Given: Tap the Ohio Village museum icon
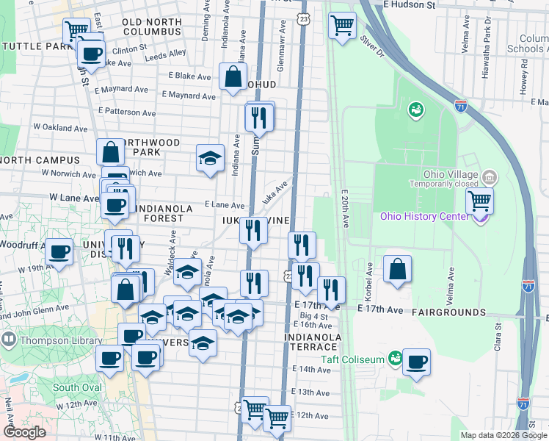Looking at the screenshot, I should (x=490, y=177).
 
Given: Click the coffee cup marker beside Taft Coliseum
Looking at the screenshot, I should (x=416, y=362).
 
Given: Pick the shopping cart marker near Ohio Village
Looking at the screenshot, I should (x=479, y=199).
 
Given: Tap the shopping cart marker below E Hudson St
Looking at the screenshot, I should (x=342, y=25).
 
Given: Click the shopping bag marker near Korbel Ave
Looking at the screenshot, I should (x=397, y=269).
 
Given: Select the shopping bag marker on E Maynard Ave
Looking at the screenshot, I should (x=233, y=76).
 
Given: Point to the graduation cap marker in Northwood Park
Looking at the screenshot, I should (x=210, y=157).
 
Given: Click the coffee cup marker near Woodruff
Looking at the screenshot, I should (x=59, y=251).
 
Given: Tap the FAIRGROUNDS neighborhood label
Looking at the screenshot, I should (x=448, y=312).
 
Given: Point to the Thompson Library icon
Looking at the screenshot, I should (x=9, y=340).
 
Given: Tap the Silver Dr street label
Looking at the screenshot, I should (x=371, y=46).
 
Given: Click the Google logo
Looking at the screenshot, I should (x=24, y=432).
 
